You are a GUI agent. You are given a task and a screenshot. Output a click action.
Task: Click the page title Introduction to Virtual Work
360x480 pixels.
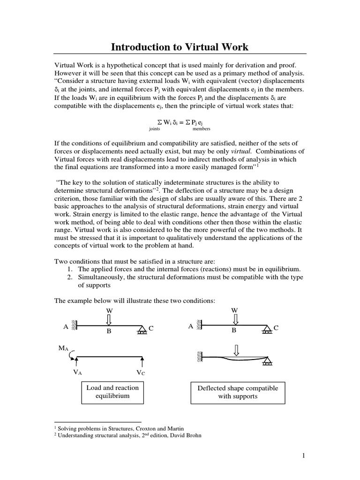tap(180, 47)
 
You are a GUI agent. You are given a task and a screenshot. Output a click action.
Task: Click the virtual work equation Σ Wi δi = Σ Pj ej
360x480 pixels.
tap(180, 121)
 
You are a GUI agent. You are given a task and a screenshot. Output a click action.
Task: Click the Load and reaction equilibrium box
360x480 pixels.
tap(112, 392)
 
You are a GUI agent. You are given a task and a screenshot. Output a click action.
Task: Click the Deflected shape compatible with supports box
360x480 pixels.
tap(238, 392)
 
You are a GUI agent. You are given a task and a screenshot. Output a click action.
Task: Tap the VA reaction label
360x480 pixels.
tap(77, 373)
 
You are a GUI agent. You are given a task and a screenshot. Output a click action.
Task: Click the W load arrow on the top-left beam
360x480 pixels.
tap(109, 320)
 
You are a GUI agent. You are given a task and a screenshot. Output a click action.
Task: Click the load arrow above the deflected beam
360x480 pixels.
tap(236, 350)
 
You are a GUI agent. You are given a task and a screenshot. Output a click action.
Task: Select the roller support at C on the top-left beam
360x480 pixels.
tap(141, 331)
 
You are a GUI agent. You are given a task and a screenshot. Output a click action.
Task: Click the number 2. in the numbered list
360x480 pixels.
tap(68, 277)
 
